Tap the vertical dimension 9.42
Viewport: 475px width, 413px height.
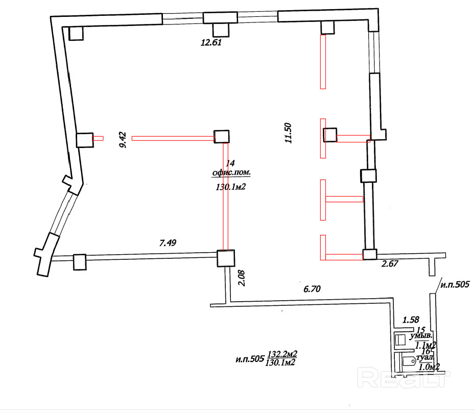pos(122,139)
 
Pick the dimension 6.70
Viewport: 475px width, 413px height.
pos(313,289)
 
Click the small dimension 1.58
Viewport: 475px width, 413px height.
pos(411,320)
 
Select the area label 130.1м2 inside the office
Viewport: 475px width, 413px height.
pos(229,187)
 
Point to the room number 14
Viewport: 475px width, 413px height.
pos(230,163)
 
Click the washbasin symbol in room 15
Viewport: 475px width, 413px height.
pos(400,338)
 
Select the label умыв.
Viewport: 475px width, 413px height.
pos(425,337)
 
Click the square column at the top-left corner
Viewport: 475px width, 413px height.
pos(76,33)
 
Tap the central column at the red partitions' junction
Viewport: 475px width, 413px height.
pos(221,136)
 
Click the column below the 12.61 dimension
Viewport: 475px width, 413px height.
pos(221,30)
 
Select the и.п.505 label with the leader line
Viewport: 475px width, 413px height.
pos(453,284)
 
